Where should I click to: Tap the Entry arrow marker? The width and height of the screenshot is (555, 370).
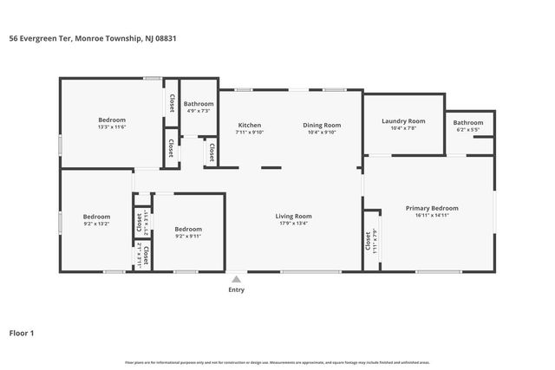(236, 279)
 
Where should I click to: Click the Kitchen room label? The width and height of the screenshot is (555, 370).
(250, 125)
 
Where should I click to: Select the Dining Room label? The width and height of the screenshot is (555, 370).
(322, 125)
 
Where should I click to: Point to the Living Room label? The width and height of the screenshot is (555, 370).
(294, 216)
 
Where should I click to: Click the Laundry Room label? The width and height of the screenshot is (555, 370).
(403, 120)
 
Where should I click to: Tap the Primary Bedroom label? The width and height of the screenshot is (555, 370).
(432, 208)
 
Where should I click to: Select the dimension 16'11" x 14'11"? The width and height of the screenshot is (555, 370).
(432, 216)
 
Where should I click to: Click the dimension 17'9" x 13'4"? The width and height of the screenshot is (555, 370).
(294, 224)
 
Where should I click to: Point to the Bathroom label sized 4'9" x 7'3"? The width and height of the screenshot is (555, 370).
(199, 104)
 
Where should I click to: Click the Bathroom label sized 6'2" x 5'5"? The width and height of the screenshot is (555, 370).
(468, 122)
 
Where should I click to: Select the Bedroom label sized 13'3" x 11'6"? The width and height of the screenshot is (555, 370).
(112, 120)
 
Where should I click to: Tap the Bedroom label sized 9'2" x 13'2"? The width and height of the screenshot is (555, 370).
(96, 216)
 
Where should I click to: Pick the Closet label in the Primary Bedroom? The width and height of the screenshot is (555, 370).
(368, 246)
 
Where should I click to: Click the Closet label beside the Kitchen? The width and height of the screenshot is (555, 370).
(211, 153)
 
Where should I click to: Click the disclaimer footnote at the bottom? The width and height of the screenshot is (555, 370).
(277, 362)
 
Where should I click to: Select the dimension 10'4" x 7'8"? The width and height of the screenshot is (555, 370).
(403, 128)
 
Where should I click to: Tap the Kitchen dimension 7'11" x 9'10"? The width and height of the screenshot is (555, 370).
(250, 133)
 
